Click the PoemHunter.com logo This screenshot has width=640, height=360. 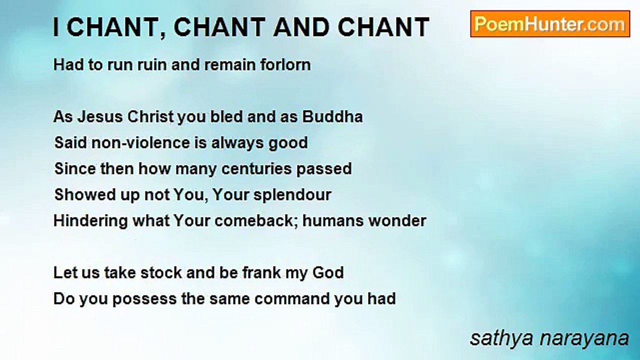pos(550,24)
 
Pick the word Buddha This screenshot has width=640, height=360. pos(332,117)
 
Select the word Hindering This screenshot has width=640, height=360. pos(90,221)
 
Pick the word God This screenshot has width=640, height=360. pos(328,273)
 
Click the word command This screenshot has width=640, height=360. pos(296,299)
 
